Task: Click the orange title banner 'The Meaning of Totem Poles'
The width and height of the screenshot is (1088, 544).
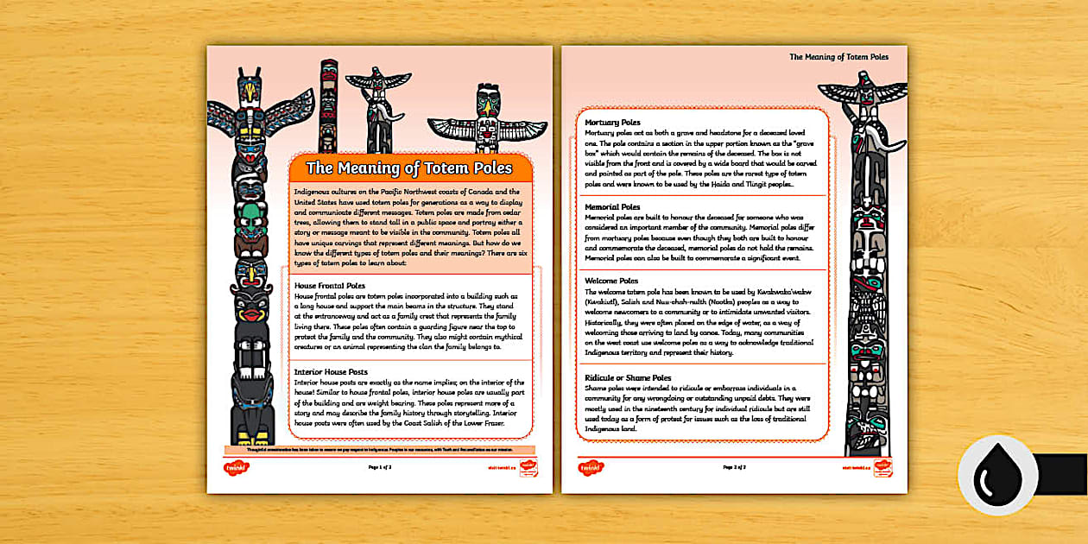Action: click(409, 168)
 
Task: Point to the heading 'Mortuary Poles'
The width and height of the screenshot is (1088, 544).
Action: click(613, 123)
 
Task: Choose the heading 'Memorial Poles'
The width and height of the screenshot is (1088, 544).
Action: click(612, 207)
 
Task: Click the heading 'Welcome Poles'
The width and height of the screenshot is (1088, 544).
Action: click(611, 281)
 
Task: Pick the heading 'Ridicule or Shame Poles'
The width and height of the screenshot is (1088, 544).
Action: click(628, 377)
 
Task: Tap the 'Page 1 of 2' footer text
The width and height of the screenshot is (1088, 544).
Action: click(380, 466)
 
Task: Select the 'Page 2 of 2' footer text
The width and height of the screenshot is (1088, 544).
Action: click(734, 466)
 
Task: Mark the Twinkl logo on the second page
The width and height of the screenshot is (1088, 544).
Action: click(591, 467)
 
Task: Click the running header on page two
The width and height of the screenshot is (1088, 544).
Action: click(838, 57)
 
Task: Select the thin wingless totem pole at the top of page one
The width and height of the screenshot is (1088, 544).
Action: click(329, 104)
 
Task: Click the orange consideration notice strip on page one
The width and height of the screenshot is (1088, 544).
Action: click(380, 449)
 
